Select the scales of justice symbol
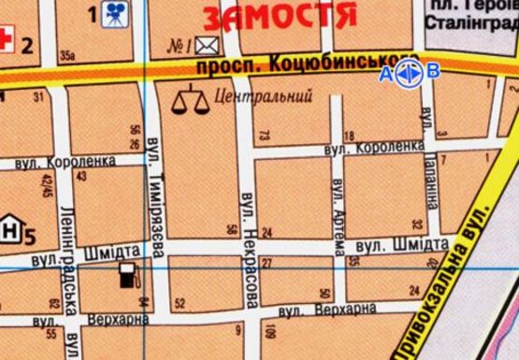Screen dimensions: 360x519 click(191, 99)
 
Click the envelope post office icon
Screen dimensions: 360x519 click(206, 43)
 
